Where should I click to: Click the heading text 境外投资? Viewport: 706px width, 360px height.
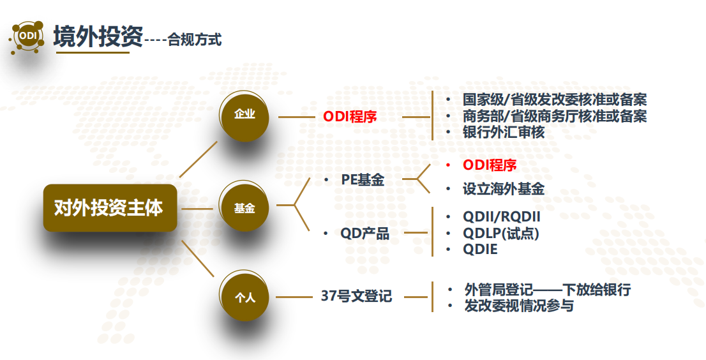[98, 36]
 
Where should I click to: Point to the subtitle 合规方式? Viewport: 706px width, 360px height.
[195, 40]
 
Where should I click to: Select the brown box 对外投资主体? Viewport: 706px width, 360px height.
[109, 208]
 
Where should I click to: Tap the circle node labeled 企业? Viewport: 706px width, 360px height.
[244, 116]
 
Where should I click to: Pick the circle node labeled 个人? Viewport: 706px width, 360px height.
[244, 297]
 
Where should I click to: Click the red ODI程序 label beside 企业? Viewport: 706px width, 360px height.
[350, 117]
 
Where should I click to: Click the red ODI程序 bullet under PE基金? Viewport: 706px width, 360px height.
[490, 165]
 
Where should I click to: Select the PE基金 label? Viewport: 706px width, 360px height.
[363, 181]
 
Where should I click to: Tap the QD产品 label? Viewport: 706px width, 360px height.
[364, 234]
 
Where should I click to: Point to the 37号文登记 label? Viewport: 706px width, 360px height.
[356, 297]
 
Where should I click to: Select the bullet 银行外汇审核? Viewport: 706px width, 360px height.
[504, 133]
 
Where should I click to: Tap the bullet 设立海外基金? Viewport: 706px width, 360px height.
[504, 189]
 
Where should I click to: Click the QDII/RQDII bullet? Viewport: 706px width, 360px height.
[502, 216]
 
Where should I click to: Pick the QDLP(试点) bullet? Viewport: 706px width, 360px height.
[501, 233]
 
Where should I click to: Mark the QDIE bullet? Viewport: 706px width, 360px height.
[480, 250]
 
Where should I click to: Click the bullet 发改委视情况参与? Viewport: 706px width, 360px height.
[519, 306]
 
